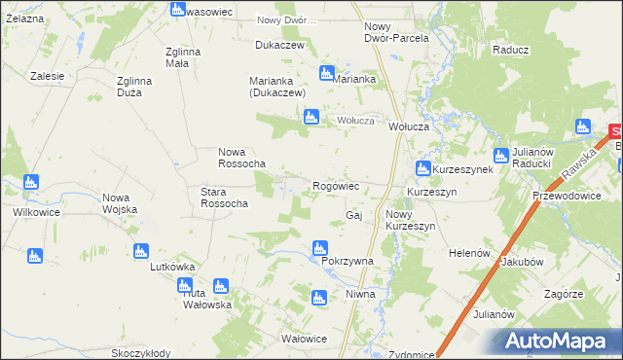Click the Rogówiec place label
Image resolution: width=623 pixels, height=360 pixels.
[x=337, y=185]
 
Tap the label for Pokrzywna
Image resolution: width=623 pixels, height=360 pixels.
[x=341, y=262]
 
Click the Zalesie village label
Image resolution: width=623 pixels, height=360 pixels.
[x=47, y=76]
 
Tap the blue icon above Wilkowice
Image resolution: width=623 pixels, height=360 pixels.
[x=30, y=182]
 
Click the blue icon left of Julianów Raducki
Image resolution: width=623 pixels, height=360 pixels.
[x=501, y=156]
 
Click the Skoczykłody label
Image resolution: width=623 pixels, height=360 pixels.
[x=141, y=353]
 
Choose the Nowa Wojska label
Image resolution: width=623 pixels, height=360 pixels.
[x=123, y=204]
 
